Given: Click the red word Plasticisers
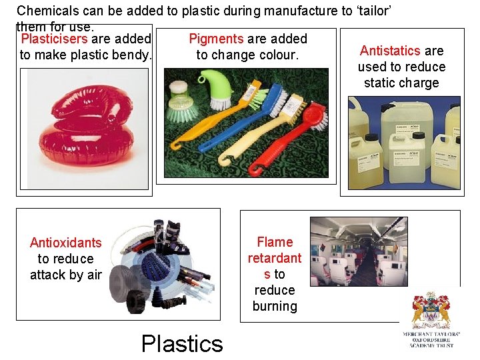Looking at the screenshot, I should coord(54,39).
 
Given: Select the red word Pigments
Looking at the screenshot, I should coord(217,39).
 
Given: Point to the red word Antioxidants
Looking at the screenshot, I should coord(66,243).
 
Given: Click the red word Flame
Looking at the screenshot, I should coord(275,242).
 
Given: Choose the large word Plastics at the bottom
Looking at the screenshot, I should coord(182,343).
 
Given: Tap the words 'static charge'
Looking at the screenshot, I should coord(401,83).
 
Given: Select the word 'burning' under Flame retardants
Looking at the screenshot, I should coord(275,306).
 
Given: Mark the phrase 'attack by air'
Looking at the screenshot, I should coord(66,275).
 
